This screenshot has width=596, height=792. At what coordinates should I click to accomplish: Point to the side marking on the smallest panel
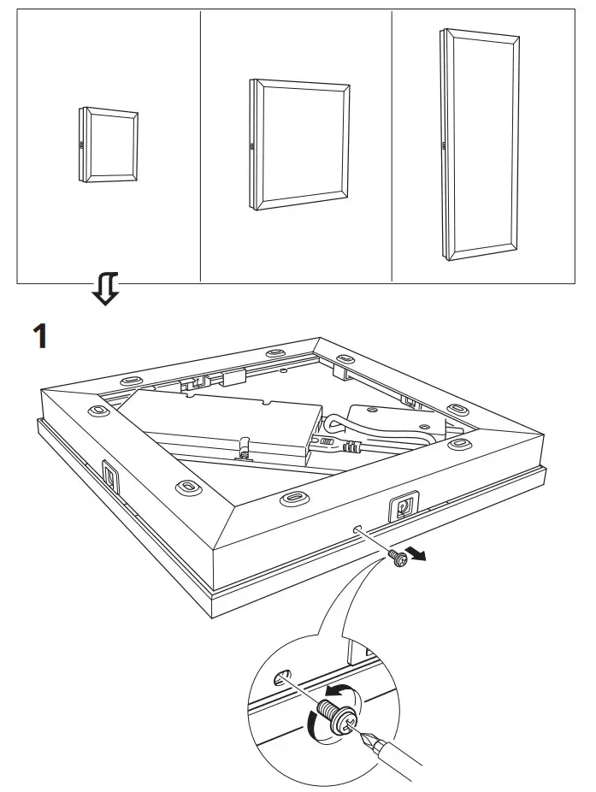click(x=82, y=146)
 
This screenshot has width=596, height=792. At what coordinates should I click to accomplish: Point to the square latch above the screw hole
click(x=402, y=506)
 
